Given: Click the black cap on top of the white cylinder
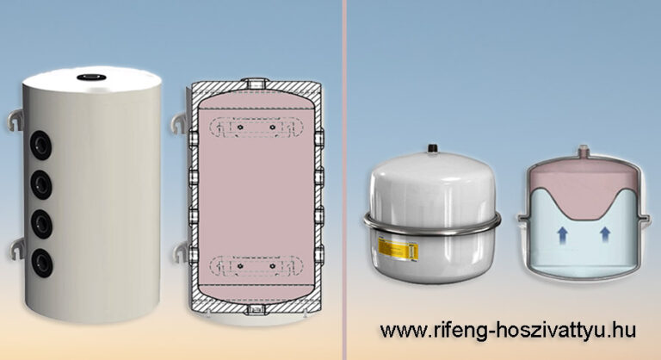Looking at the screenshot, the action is pyautogui.click(x=90, y=78).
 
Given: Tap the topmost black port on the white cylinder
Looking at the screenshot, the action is pyautogui.click(x=41, y=146).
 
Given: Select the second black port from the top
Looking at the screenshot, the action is pyautogui.click(x=41, y=184).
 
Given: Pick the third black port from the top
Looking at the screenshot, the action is pyautogui.click(x=41, y=223).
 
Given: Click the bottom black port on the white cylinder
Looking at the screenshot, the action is pyautogui.click(x=42, y=263).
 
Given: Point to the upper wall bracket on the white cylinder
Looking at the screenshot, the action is pyautogui.click(x=15, y=120).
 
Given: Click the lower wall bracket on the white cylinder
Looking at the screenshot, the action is pyautogui.click(x=16, y=249).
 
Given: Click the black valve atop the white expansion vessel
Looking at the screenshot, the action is pyautogui.click(x=431, y=149).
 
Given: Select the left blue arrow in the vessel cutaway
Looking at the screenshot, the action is pyautogui.click(x=561, y=234).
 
